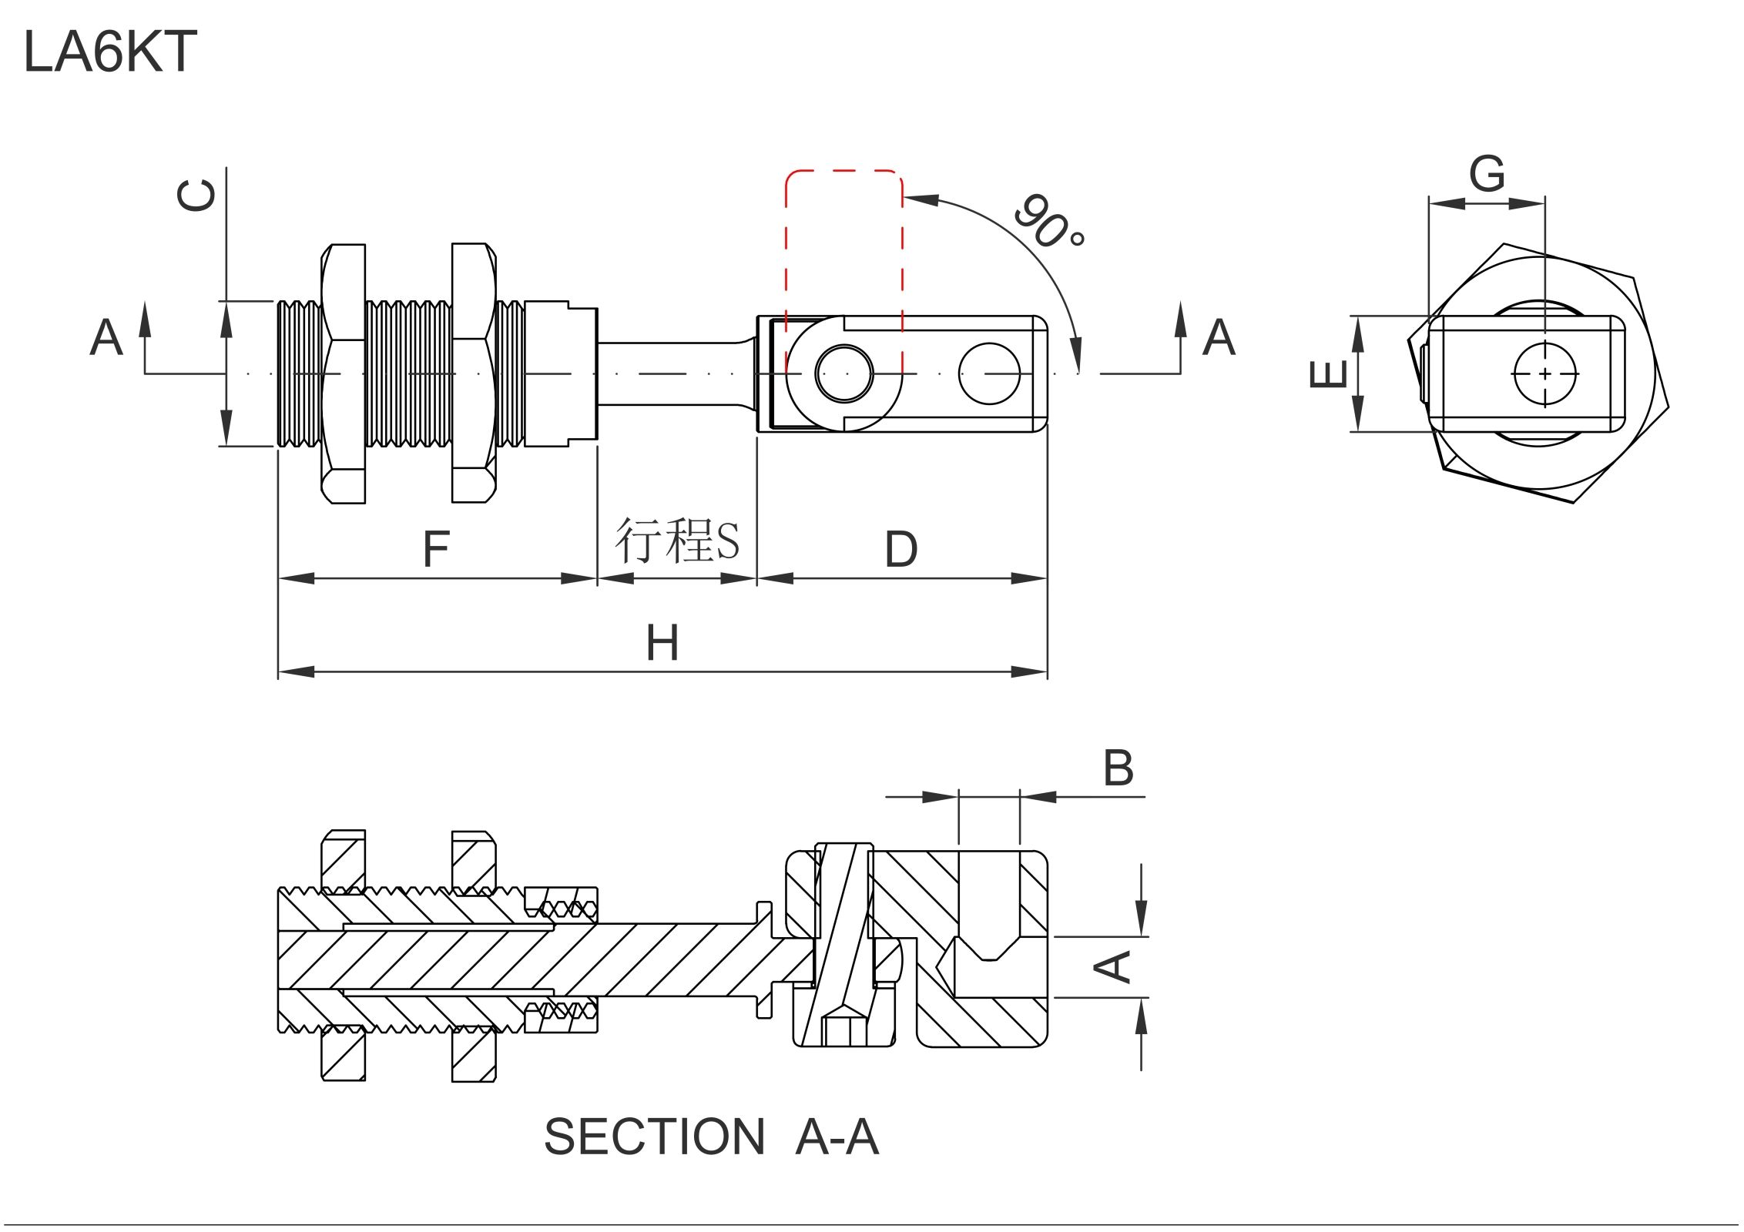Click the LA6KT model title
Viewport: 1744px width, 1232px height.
click(x=110, y=52)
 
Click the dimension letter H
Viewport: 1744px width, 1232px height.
click(x=662, y=644)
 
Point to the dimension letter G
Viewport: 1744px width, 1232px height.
click(x=1486, y=174)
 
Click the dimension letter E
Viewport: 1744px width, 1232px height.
click(x=1329, y=374)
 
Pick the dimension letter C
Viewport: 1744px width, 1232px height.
click(x=196, y=196)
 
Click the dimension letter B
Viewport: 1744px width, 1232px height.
click(x=1118, y=768)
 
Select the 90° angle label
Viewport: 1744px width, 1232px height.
click(x=1048, y=221)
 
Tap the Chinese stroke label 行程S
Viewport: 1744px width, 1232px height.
click(x=676, y=541)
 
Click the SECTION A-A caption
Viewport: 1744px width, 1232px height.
click(x=710, y=1137)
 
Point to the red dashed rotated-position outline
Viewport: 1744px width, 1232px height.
click(x=843, y=172)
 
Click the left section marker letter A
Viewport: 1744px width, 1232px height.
click(x=106, y=337)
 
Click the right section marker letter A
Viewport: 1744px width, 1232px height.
click(x=1219, y=337)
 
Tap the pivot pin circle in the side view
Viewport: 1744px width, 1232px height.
click(x=844, y=374)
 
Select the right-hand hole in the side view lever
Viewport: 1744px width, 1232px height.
click(x=989, y=374)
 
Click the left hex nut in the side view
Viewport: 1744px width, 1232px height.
click(x=344, y=374)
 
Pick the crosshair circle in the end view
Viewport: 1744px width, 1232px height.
click(x=1545, y=374)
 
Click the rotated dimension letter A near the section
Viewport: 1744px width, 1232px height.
click(x=1114, y=966)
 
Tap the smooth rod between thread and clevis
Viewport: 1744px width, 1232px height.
click(x=674, y=374)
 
